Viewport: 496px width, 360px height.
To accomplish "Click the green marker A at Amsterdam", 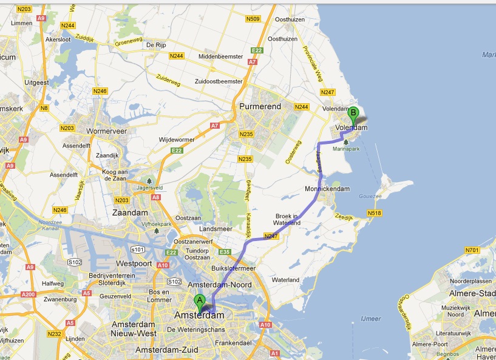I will coord(199,300).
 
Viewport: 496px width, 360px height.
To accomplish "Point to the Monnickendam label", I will coord(328,189).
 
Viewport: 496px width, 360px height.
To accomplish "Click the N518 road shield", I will coord(374,213).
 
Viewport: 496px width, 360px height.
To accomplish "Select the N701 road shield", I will coord(471,250).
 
